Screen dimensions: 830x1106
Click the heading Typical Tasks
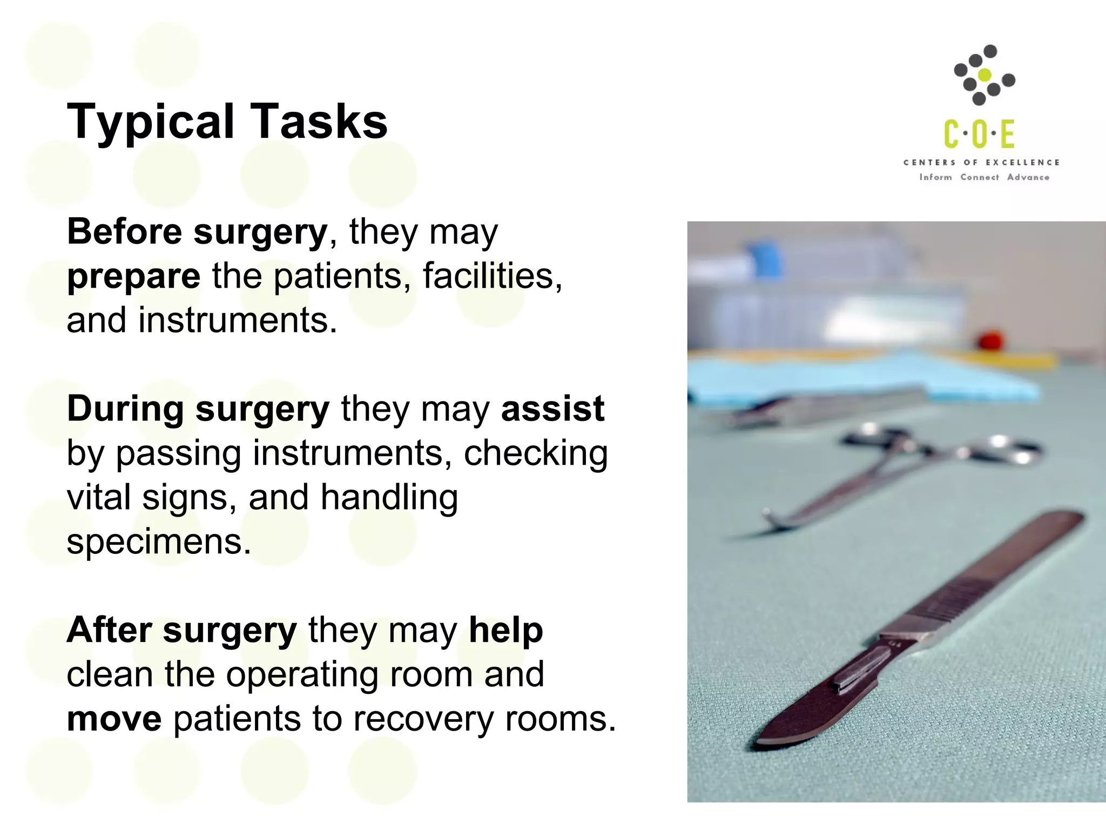pyautogui.click(x=227, y=122)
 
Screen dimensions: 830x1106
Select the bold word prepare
pyautogui.click(x=133, y=277)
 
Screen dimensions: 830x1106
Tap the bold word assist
pyautogui.click(x=552, y=409)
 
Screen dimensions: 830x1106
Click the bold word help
pyautogui.click(x=505, y=631)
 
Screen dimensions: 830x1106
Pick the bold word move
pyautogui.click(x=114, y=719)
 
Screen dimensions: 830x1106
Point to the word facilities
pyautogui.click(x=492, y=276)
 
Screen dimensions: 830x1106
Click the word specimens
pyautogui.click(x=159, y=541)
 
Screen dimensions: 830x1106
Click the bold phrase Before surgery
pyautogui.click(x=197, y=232)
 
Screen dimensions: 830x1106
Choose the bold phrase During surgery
pyautogui.click(x=198, y=409)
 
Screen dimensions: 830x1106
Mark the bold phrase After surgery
pyautogui.click(x=181, y=631)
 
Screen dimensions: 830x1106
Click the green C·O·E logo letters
pyautogui.click(x=979, y=135)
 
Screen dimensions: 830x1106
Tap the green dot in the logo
pyautogui.click(x=985, y=76)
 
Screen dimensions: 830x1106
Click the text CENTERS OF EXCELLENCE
pyautogui.click(x=982, y=163)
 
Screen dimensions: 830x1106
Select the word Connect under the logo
pyautogui.click(x=980, y=177)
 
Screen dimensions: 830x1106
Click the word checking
pyautogui.click(x=536, y=453)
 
